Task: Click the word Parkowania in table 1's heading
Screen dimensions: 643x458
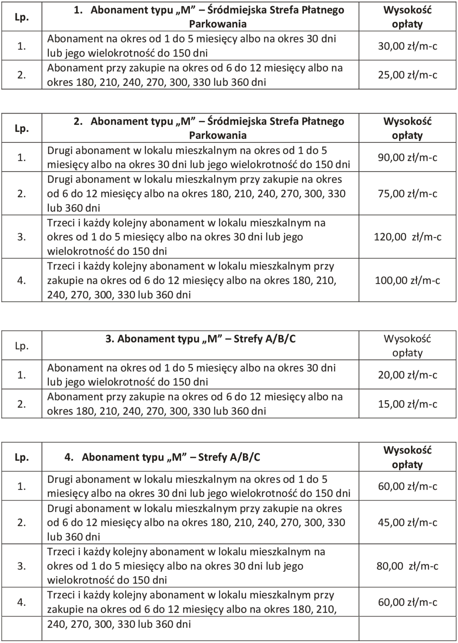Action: coord(218,24)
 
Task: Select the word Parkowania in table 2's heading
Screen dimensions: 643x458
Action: coord(218,135)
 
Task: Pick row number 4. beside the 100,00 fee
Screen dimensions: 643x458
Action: coord(22,280)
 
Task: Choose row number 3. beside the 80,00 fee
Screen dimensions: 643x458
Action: coord(22,566)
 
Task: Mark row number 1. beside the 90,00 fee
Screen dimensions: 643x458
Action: coord(22,157)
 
